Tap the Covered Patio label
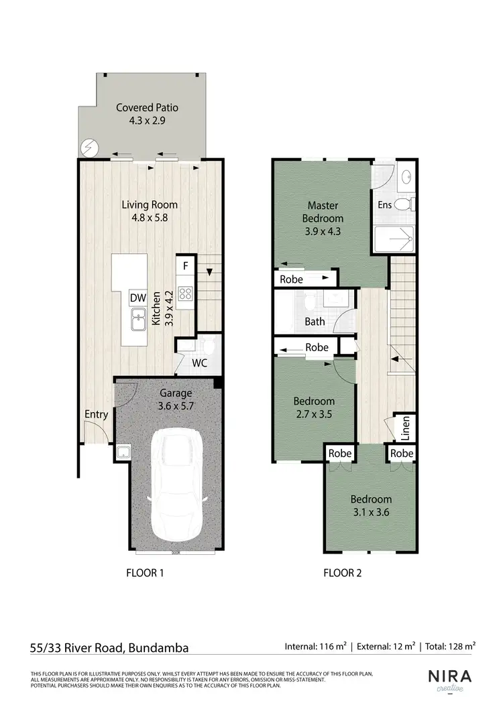(x=147, y=107)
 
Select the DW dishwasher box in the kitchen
(x=138, y=298)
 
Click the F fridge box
(x=186, y=265)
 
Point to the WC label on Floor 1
(x=199, y=363)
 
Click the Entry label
(x=96, y=414)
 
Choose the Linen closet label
(x=405, y=429)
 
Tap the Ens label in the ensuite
(x=385, y=205)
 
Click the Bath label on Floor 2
(x=315, y=321)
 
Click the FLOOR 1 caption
(x=145, y=573)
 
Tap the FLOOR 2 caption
(x=342, y=573)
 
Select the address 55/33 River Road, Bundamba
(x=109, y=647)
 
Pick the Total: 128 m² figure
(x=451, y=647)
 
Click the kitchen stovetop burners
(x=185, y=293)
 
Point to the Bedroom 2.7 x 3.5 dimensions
(x=314, y=413)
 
